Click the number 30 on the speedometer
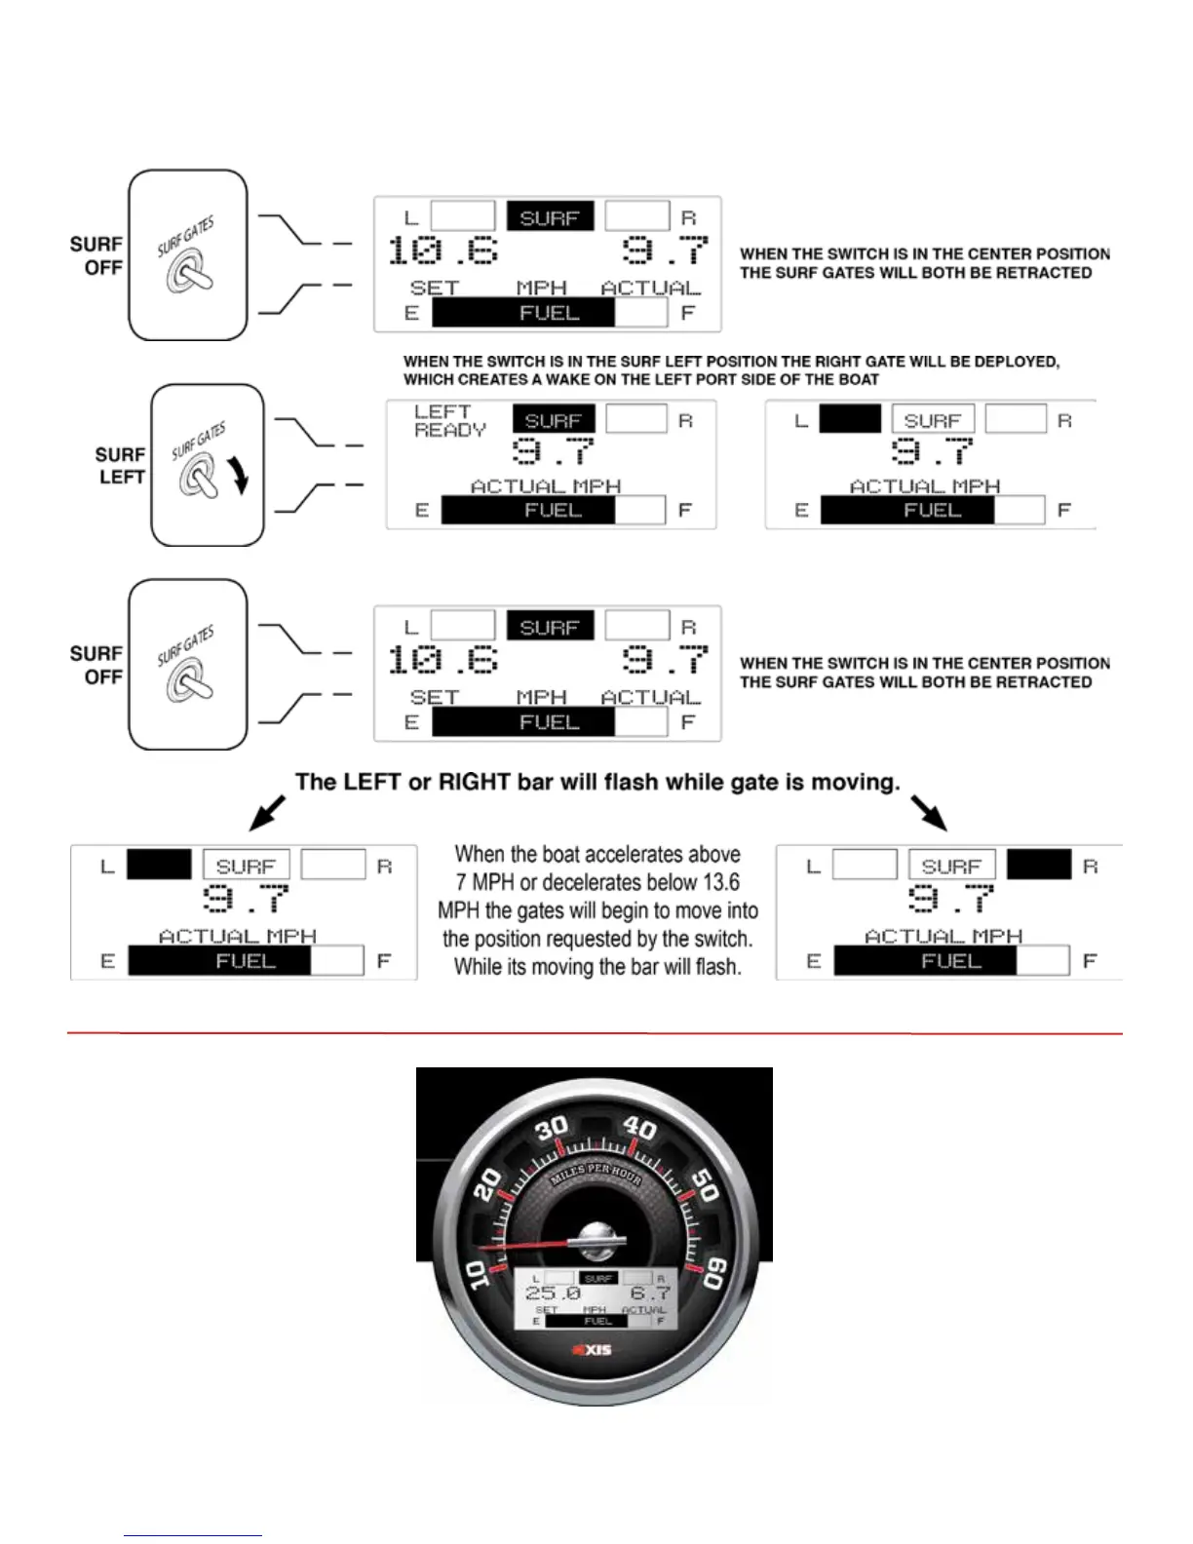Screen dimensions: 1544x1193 point(552,1129)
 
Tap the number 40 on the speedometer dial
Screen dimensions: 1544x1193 point(639,1128)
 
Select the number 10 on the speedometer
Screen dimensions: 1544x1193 point(477,1273)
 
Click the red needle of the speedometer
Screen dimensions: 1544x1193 point(526,1245)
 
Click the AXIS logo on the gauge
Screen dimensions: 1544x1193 point(592,1350)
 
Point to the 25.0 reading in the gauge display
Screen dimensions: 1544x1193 point(553,1293)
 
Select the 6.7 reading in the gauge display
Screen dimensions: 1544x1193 point(649,1293)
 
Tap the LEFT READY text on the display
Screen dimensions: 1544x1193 point(449,421)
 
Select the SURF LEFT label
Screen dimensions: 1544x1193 point(121,466)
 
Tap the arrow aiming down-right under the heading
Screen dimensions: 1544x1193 point(929,811)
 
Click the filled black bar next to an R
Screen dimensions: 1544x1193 point(1038,865)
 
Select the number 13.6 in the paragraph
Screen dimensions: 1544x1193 point(720,882)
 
